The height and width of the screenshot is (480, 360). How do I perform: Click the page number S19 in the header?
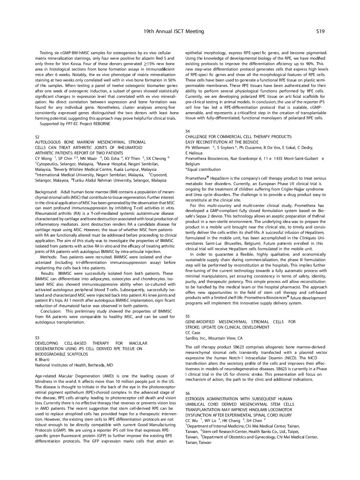320,31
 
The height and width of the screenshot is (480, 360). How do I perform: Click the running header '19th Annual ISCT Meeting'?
174,31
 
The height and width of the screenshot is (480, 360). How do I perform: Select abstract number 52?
37,137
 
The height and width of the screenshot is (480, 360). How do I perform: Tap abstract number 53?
37,338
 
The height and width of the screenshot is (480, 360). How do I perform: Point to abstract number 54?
187,131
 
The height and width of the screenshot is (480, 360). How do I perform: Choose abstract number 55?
187,316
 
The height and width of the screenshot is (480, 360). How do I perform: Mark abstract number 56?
187,393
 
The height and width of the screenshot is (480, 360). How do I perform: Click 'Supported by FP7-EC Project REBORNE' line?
75,124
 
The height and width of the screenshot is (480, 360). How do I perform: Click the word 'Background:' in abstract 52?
46,192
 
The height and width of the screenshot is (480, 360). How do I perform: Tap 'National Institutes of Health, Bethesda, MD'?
74,365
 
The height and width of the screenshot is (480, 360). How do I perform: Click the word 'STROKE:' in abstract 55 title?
193,327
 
